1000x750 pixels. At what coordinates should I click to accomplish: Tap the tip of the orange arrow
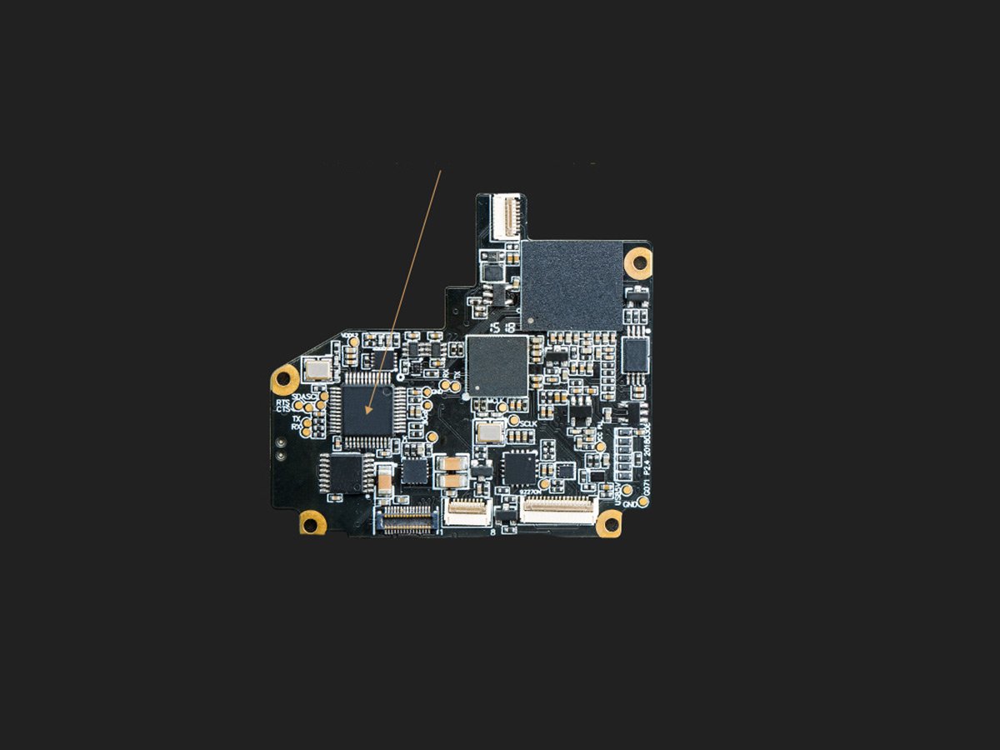[367, 414]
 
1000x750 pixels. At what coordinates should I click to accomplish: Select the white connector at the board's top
[506, 216]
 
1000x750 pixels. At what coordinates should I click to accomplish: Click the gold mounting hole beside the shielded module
[639, 262]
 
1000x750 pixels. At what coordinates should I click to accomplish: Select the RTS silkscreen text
[283, 402]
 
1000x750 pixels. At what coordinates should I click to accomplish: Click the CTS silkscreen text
[283, 410]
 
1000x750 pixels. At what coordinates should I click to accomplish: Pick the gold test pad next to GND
[643, 502]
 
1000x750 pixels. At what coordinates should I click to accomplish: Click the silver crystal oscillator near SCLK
[490, 432]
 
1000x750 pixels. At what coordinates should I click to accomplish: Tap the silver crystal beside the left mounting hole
[317, 369]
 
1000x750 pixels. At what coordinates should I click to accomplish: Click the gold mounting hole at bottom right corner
[609, 523]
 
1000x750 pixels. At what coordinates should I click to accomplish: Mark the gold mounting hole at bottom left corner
[312, 522]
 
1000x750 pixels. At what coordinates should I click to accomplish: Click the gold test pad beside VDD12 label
[354, 342]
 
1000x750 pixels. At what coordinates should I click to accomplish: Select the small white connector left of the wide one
[467, 512]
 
